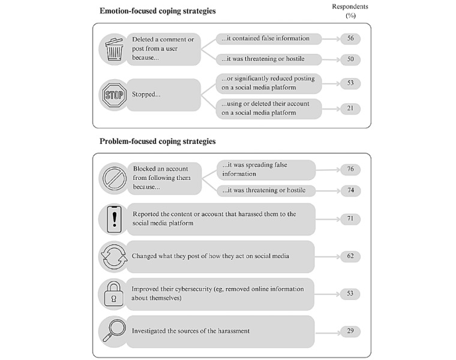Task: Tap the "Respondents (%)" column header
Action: click(350, 10)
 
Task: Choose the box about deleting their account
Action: click(269, 107)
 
